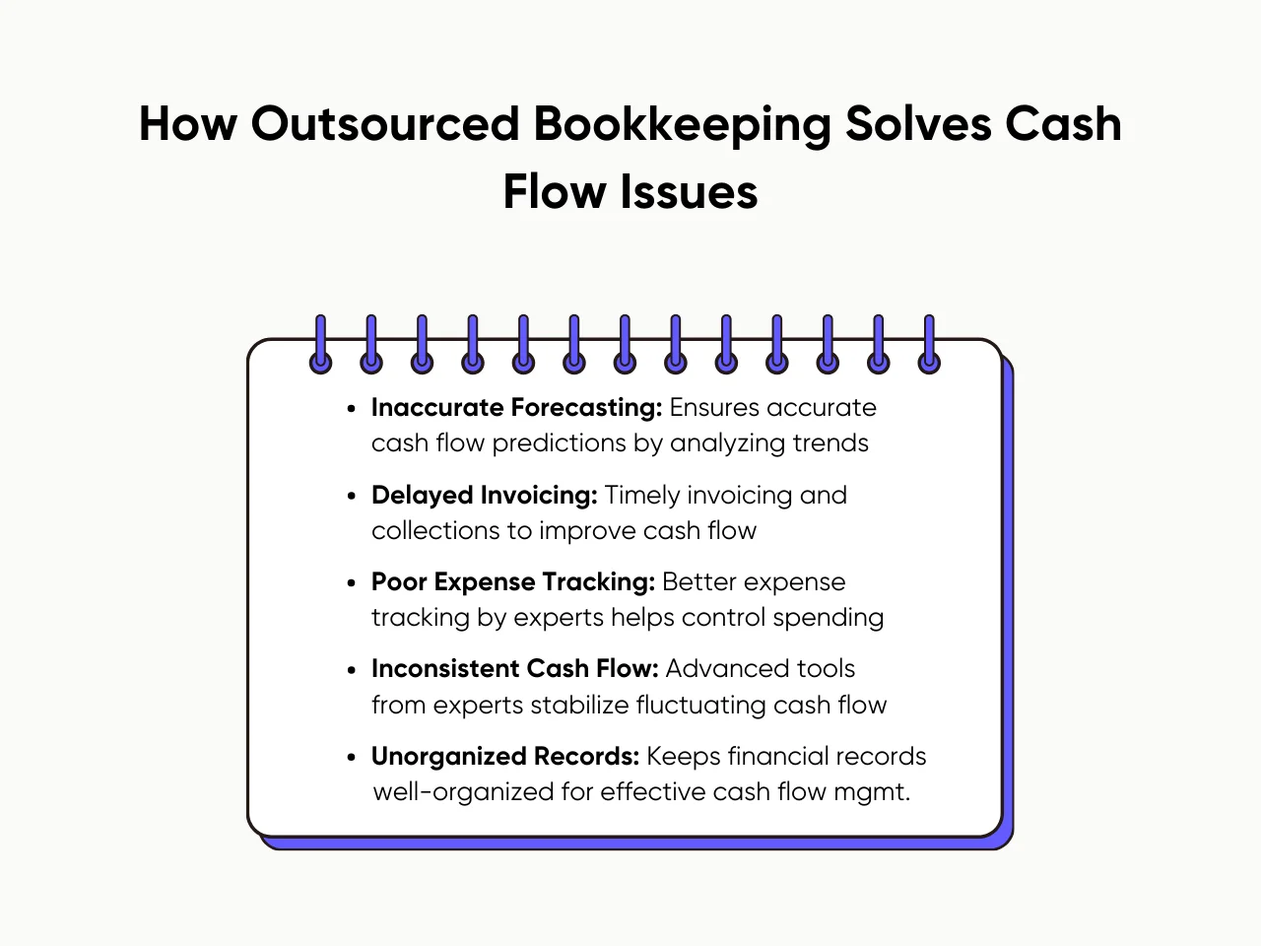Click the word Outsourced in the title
(384, 125)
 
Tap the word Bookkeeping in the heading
(681, 125)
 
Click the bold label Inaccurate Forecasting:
(516, 407)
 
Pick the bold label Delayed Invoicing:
(484, 495)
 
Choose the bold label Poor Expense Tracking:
(512, 581)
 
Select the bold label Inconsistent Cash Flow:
(514, 668)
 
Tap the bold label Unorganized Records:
(505, 756)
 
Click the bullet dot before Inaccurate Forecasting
(352, 408)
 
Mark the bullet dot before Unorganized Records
(352, 757)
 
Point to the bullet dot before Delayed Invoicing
(352, 496)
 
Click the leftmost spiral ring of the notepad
(320, 345)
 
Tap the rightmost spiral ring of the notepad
(929, 345)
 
